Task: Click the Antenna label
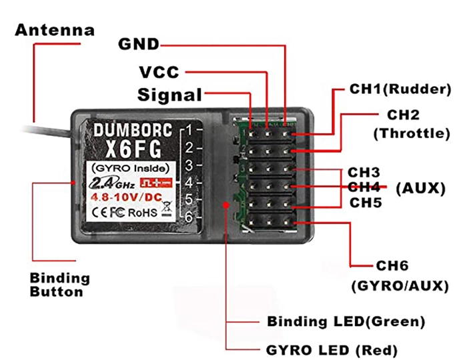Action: tap(55, 30)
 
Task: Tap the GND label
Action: tap(139, 45)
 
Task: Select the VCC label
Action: tap(159, 71)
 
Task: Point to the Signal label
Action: tap(169, 95)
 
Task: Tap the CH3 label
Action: tap(364, 173)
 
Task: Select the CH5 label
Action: tap(364, 202)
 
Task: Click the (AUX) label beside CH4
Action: tap(420, 188)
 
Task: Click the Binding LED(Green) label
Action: tap(346, 321)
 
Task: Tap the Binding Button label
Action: tap(60, 285)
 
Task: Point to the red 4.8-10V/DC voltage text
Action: tap(124, 199)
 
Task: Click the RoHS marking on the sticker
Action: tap(143, 213)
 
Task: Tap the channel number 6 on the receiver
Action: tap(189, 217)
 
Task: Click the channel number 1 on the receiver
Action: tap(189, 129)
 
